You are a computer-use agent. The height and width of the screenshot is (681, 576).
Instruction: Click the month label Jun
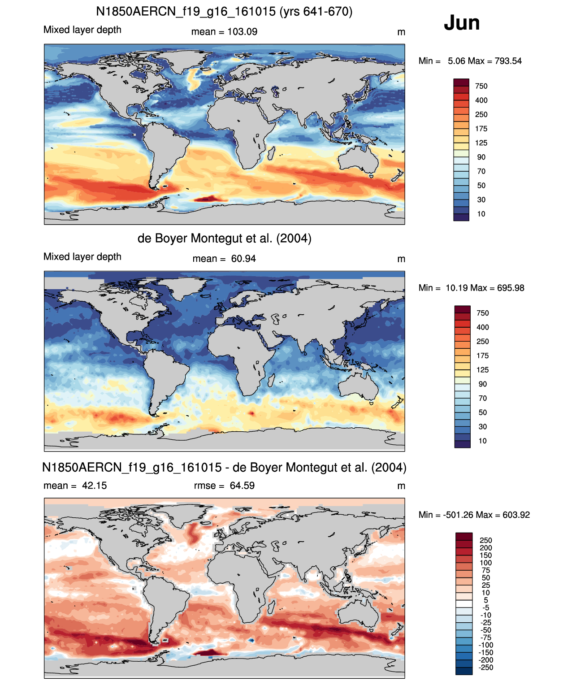point(461,23)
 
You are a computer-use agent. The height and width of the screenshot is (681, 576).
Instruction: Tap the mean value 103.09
point(243,32)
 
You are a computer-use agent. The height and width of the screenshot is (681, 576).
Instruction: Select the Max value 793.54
point(508,61)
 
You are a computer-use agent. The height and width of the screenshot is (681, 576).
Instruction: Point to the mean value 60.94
point(243,259)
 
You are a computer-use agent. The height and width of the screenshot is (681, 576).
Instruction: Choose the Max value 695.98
point(511,288)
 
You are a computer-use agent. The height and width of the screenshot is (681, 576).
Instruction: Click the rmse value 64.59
point(242,486)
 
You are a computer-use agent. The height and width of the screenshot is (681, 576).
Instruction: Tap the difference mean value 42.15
point(95,486)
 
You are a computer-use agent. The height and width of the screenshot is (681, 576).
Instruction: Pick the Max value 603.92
point(516,515)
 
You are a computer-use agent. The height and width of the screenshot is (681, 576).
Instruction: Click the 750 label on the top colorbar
point(481,87)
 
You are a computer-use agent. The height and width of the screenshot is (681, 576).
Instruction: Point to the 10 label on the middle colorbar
point(482,441)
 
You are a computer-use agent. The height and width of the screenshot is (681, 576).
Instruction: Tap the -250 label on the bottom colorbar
point(486,668)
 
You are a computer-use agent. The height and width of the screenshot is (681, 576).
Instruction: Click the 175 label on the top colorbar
point(481,129)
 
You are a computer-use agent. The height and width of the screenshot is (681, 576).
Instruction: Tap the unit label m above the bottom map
point(401,486)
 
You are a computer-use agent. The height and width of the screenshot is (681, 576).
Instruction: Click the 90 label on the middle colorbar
point(482,384)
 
